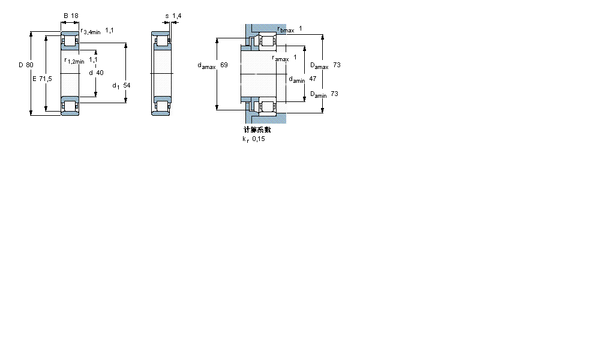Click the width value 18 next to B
pyautogui.click(x=74, y=16)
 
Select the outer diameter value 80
pyautogui.click(x=29, y=65)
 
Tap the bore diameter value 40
pyautogui.click(x=100, y=73)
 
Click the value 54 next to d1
pyautogui.click(x=127, y=85)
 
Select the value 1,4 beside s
pyautogui.click(x=176, y=16)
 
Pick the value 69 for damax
pyautogui.click(x=224, y=65)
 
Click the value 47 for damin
pyautogui.click(x=312, y=79)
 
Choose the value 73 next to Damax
pyautogui.click(x=337, y=65)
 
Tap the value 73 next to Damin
pyautogui.click(x=334, y=94)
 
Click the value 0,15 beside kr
pyautogui.click(x=258, y=139)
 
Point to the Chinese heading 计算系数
pyautogui.click(x=257, y=130)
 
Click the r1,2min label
pyautogui.click(x=74, y=61)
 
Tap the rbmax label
pyautogui.click(x=286, y=29)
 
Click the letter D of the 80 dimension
pyautogui.click(x=20, y=65)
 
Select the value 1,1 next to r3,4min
pyautogui.click(x=110, y=29)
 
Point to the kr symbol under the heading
pyautogui.click(x=245, y=139)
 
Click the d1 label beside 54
pyautogui.click(x=116, y=86)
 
